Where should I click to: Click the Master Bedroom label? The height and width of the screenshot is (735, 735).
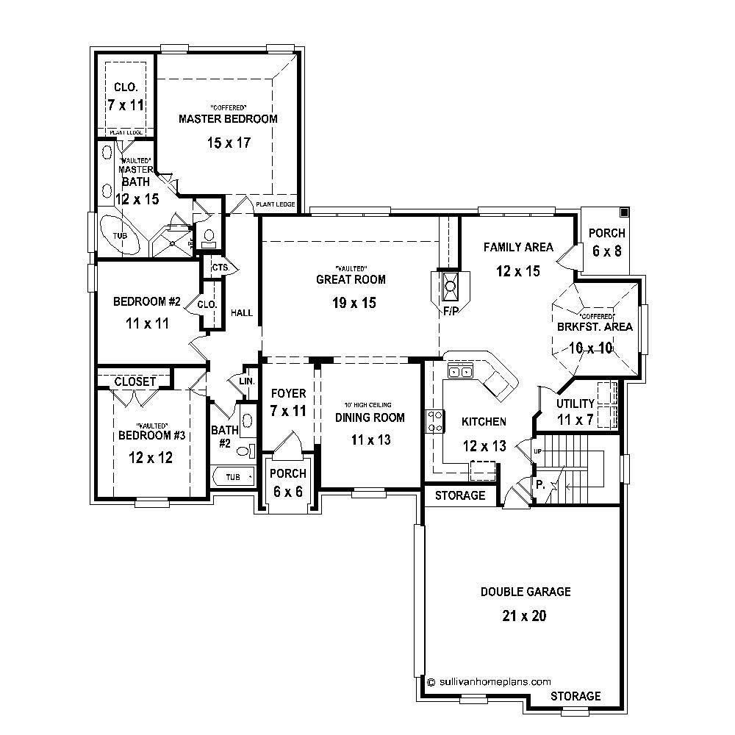pyautogui.click(x=229, y=118)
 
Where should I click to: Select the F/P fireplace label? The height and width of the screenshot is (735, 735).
pyautogui.click(x=450, y=311)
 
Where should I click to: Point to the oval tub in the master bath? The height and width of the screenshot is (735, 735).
pyautogui.click(x=118, y=234)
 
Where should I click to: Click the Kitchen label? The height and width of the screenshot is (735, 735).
pyautogui.click(x=483, y=421)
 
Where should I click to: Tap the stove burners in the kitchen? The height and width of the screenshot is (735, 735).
pyautogui.click(x=435, y=420)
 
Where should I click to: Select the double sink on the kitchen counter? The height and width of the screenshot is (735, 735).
pyautogui.click(x=460, y=372)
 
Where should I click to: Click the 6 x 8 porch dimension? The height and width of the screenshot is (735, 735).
pyautogui.click(x=607, y=251)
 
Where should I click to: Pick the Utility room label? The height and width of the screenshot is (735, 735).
pyautogui.click(x=575, y=404)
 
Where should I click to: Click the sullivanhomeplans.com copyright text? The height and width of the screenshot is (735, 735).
pyautogui.click(x=489, y=681)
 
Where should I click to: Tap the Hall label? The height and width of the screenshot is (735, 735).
pyautogui.click(x=242, y=313)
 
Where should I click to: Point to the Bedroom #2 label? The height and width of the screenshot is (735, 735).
pyautogui.click(x=147, y=301)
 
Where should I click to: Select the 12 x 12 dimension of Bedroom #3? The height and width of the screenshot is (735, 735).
pyautogui.click(x=150, y=457)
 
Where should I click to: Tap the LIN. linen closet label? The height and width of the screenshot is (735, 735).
pyautogui.click(x=246, y=381)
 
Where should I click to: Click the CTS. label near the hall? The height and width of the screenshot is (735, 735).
pyautogui.click(x=220, y=267)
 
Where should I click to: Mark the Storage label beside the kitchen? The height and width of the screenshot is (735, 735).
pyautogui.click(x=460, y=495)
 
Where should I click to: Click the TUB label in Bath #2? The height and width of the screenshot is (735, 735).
pyautogui.click(x=232, y=477)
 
